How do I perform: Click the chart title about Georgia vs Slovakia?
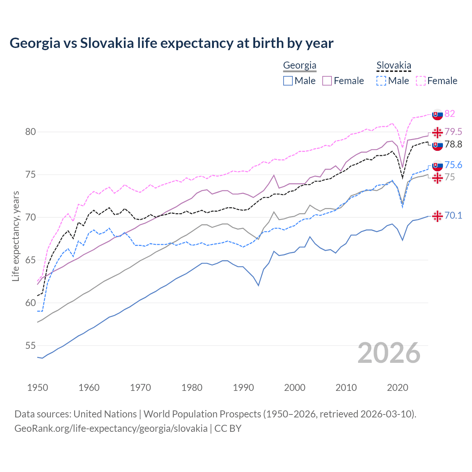tap(171, 43)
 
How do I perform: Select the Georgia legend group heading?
tap(299, 66)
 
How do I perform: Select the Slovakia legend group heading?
tap(393, 66)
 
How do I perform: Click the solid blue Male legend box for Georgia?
tap(288, 81)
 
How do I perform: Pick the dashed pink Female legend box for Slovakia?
tap(421, 81)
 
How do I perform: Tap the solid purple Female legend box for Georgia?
tap(327, 81)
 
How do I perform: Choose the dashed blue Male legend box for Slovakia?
tap(381, 81)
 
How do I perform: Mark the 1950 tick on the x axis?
tap(38, 388)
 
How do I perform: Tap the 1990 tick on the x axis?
tap(243, 388)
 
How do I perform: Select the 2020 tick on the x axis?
tap(398, 388)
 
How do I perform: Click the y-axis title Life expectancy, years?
tap(15, 236)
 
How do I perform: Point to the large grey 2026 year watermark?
tap(389, 353)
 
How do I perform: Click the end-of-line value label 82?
tap(450, 114)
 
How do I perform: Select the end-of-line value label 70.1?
tap(453, 216)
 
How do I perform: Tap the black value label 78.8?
tap(453, 145)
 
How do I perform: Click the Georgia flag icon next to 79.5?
tap(437, 132)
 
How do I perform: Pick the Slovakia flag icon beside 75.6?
tap(437, 166)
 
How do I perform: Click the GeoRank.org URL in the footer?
tap(111, 428)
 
